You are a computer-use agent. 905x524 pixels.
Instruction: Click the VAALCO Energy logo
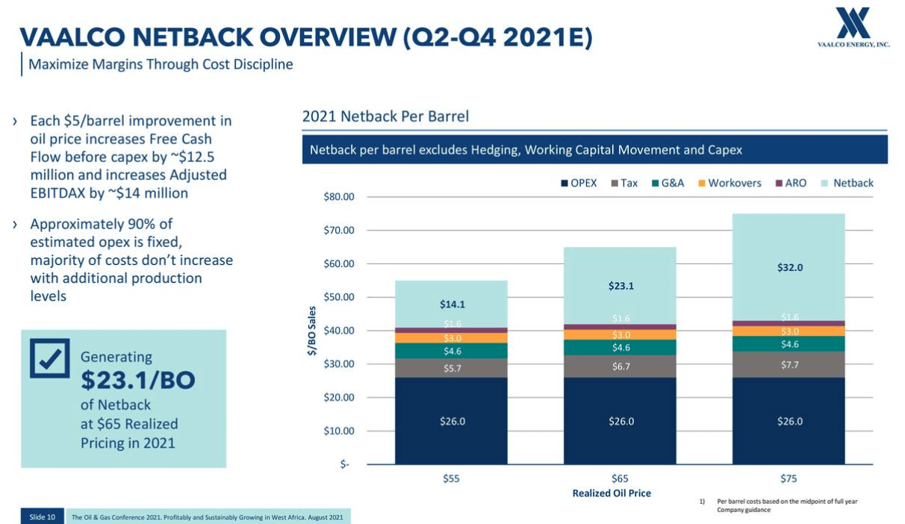click(853, 27)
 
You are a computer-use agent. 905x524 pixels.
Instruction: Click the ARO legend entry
click(791, 183)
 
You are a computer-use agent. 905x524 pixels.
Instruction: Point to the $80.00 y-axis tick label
click(338, 197)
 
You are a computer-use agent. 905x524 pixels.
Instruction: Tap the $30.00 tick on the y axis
click(338, 364)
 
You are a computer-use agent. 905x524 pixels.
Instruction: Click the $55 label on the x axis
click(451, 478)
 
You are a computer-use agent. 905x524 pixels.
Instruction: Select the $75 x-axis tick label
click(788, 478)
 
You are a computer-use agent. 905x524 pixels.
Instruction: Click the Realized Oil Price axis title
click(612, 493)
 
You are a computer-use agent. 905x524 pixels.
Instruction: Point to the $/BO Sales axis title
click(312, 331)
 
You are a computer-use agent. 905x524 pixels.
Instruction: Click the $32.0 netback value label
click(789, 267)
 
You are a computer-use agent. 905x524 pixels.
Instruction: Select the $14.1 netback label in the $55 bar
click(452, 304)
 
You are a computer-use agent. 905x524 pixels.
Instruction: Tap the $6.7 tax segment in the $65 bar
click(621, 367)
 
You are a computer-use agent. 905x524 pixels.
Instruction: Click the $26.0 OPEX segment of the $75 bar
click(789, 421)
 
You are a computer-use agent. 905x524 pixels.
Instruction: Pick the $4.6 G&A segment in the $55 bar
click(452, 351)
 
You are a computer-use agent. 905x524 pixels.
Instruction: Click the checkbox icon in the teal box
click(50, 358)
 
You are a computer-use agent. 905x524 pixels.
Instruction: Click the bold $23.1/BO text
click(137, 381)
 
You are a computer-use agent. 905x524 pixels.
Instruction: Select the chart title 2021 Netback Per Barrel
click(385, 116)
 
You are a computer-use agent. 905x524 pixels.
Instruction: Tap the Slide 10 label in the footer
click(42, 517)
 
